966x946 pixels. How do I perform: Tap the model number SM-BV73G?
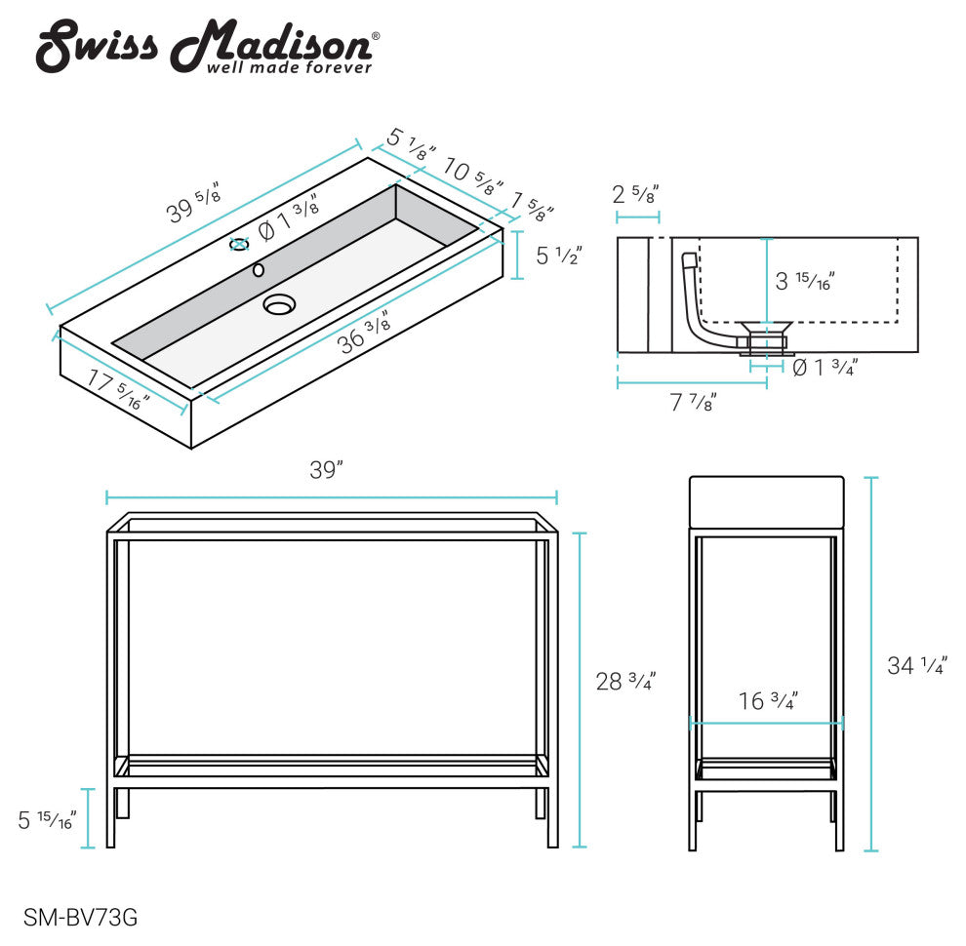click(x=81, y=918)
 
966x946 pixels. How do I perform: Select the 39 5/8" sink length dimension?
click(x=193, y=202)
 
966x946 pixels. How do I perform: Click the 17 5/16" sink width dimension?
click(x=117, y=388)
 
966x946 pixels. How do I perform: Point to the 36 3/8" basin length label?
click(x=364, y=333)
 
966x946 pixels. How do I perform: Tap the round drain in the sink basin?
click(x=280, y=304)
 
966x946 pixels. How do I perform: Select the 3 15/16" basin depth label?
click(x=805, y=281)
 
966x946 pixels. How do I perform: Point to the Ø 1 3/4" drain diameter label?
click(x=825, y=368)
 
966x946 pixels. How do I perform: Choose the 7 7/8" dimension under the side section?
click(x=693, y=402)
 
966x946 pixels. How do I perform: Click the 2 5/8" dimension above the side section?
click(x=636, y=194)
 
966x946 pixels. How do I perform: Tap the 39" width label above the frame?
click(x=327, y=470)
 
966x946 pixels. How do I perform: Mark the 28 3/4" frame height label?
click(x=625, y=681)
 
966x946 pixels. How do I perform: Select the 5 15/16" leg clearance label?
click(x=47, y=820)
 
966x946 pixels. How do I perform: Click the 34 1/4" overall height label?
click(x=917, y=665)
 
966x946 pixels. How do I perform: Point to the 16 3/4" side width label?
click(x=768, y=700)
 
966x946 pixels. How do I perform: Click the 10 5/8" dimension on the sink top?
click(x=473, y=176)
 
